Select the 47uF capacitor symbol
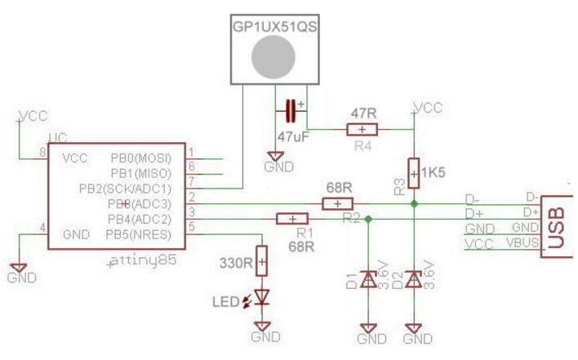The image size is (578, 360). (290, 108)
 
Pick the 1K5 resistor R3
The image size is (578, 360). (414, 172)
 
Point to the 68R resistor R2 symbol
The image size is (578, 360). (337, 204)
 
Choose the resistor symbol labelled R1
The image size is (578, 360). (292, 219)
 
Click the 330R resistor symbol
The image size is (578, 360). (261, 261)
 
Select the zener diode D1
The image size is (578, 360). (368, 280)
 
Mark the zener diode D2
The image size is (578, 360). (414, 280)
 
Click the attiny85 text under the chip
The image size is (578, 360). (142, 262)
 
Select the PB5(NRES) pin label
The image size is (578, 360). (140, 234)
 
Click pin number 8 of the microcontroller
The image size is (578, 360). (42, 153)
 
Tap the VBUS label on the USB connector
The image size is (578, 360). (523, 242)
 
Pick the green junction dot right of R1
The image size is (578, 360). (368, 219)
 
